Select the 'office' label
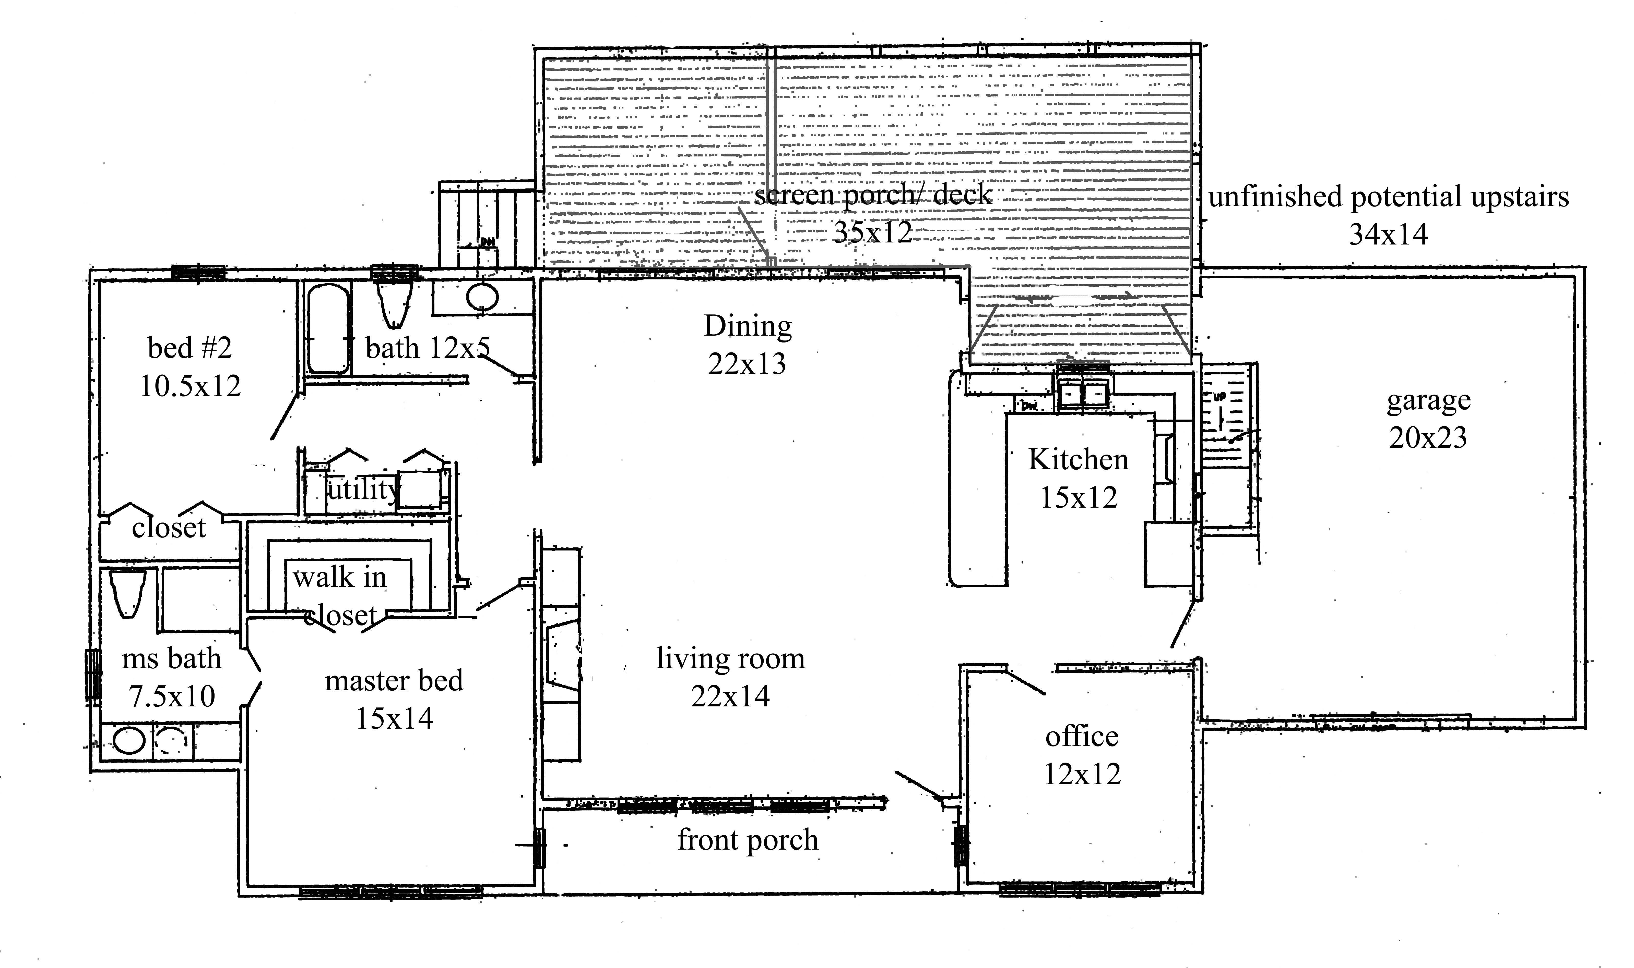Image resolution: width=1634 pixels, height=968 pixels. tap(1081, 737)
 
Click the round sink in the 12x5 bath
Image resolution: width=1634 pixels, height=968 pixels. tap(482, 298)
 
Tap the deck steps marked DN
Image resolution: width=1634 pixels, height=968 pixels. tap(486, 225)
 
